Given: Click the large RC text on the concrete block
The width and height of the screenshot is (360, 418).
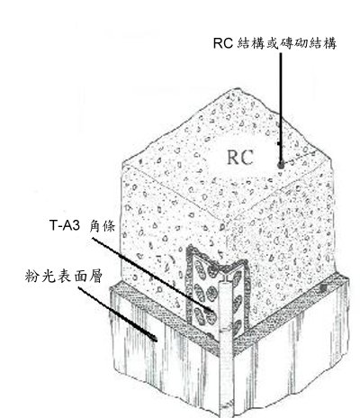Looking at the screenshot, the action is (x=240, y=158).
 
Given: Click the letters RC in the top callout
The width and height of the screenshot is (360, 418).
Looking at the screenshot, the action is (x=223, y=43).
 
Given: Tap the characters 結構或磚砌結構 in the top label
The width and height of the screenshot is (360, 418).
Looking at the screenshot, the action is (x=286, y=43).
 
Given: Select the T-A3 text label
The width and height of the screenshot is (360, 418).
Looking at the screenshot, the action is (x=65, y=225).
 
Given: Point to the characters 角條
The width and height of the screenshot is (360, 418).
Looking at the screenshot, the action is (x=102, y=226).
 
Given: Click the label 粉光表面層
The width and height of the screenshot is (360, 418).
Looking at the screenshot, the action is (x=64, y=276).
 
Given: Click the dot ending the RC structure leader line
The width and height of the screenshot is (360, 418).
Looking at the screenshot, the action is (x=281, y=165).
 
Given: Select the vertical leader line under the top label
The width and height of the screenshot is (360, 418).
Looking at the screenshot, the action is (x=281, y=108).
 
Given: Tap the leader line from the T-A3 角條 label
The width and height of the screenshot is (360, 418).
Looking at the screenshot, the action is (x=152, y=275).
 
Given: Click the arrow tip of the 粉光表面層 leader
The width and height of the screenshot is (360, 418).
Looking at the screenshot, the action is (x=156, y=341).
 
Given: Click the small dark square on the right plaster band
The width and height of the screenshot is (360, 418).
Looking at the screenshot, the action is (x=323, y=288).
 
